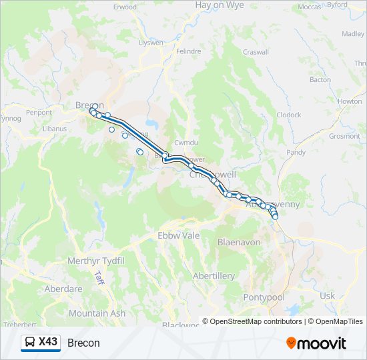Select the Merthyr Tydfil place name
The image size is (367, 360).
coord(96,261)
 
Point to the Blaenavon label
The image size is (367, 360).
coord(239,243)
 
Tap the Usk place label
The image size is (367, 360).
coord(328,295)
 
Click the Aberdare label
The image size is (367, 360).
coord(63,289)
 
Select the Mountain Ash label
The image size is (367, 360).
coord(97,313)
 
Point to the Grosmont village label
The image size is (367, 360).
coord(344,136)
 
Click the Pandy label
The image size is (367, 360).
coord(296,153)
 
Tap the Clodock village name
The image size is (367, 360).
coord(289,115)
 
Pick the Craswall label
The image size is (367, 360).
coord(256,52)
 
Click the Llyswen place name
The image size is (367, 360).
coord(150,43)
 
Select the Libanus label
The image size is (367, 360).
coord(55,129)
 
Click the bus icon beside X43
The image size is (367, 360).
coord(31,343)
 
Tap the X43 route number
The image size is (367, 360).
coord(48,342)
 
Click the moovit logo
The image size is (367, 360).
coord(316,343)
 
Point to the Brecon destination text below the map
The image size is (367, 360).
coord(83,343)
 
